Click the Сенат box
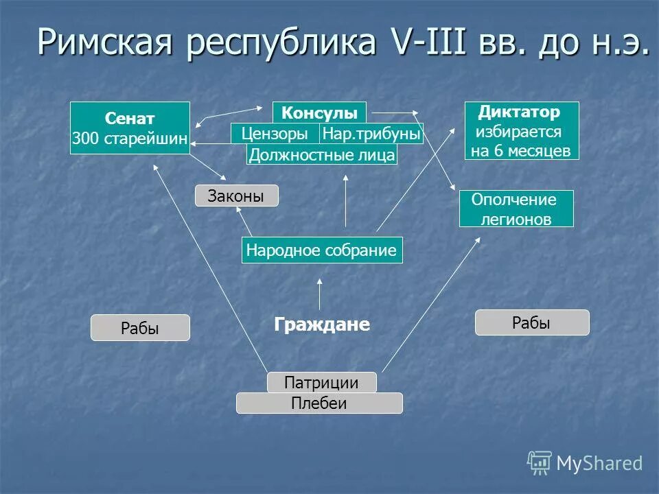click(x=130, y=128)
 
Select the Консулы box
click(x=319, y=113)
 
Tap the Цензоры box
click(x=275, y=133)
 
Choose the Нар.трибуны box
click(x=371, y=133)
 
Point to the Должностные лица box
click(x=322, y=155)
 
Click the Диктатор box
click(x=522, y=130)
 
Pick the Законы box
click(x=238, y=196)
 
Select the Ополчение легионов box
click(x=516, y=209)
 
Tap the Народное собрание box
click(x=322, y=250)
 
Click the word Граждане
click(x=322, y=325)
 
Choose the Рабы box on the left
click(x=140, y=328)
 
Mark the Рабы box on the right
click(x=532, y=322)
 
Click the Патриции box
click(x=321, y=382)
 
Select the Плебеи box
click(x=319, y=403)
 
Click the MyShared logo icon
click(x=540, y=463)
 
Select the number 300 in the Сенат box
click(x=86, y=139)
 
